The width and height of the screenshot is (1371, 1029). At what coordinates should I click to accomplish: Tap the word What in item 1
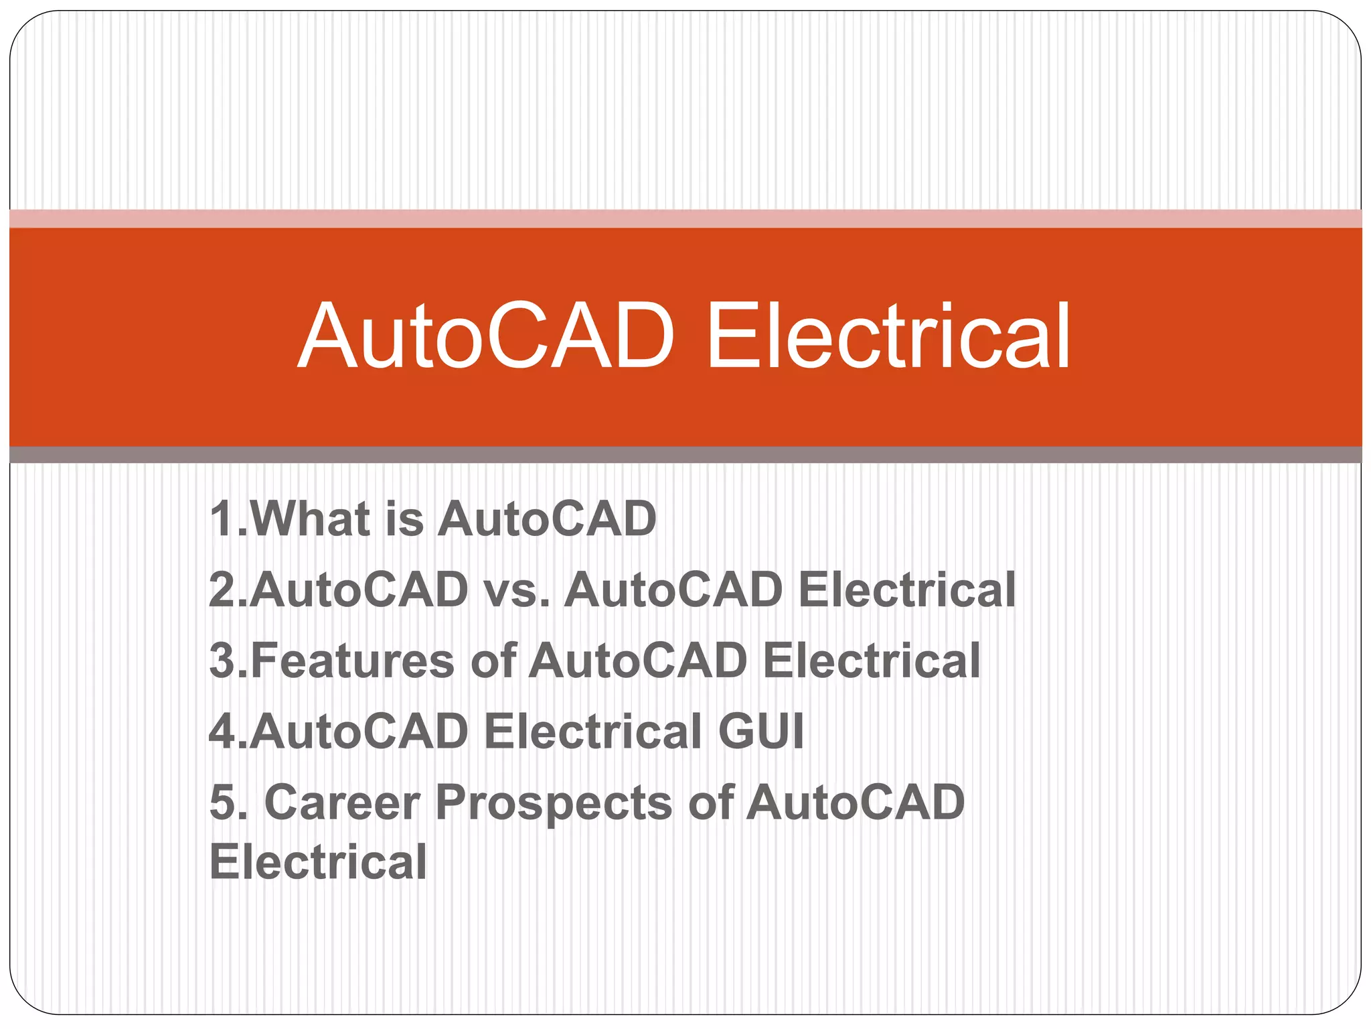pyautogui.click(x=311, y=519)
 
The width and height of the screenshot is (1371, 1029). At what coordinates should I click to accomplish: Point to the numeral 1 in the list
pyautogui.click(x=221, y=519)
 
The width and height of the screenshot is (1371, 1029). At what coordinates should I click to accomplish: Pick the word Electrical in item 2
pyautogui.click(x=906, y=590)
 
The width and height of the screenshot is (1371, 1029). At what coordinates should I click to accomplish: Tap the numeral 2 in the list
pyautogui.click(x=222, y=590)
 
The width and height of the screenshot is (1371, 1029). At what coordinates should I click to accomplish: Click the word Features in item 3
pyautogui.click(x=352, y=661)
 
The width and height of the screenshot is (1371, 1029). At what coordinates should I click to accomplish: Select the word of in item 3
pyautogui.click(x=493, y=661)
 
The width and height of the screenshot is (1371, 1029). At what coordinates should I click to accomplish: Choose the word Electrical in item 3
pyautogui.click(x=871, y=661)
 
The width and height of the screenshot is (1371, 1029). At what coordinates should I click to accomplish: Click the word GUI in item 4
pyautogui.click(x=760, y=731)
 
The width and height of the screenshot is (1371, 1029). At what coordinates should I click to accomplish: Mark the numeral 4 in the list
pyautogui.click(x=222, y=731)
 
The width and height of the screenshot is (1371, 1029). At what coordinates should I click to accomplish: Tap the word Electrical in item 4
pyautogui.click(x=592, y=731)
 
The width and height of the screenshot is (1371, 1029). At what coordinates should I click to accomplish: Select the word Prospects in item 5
pyautogui.click(x=554, y=803)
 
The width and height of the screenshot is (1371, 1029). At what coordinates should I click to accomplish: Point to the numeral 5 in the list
pyautogui.click(x=222, y=802)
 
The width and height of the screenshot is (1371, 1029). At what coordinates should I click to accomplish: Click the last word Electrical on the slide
pyautogui.click(x=318, y=862)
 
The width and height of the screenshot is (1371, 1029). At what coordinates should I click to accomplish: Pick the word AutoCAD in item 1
pyautogui.click(x=547, y=519)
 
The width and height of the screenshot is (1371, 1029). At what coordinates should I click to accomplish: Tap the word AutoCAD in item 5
pyautogui.click(x=855, y=802)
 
